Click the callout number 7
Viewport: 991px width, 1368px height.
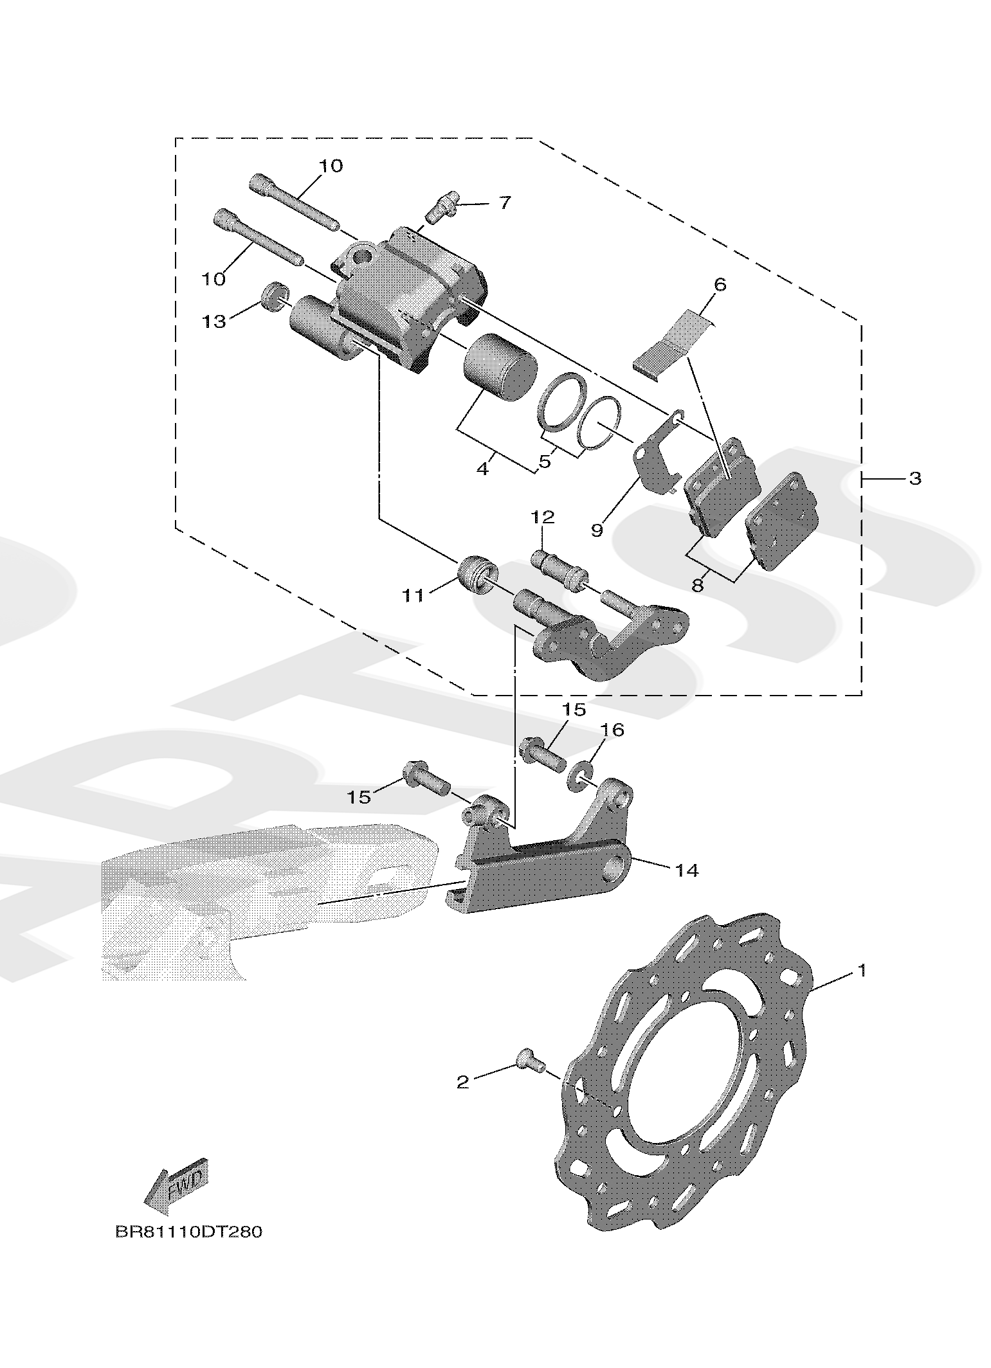tap(505, 203)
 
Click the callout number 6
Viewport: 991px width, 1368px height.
tap(720, 284)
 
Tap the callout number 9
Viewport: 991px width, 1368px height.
tap(597, 530)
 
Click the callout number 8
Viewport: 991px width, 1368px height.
tap(698, 586)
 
